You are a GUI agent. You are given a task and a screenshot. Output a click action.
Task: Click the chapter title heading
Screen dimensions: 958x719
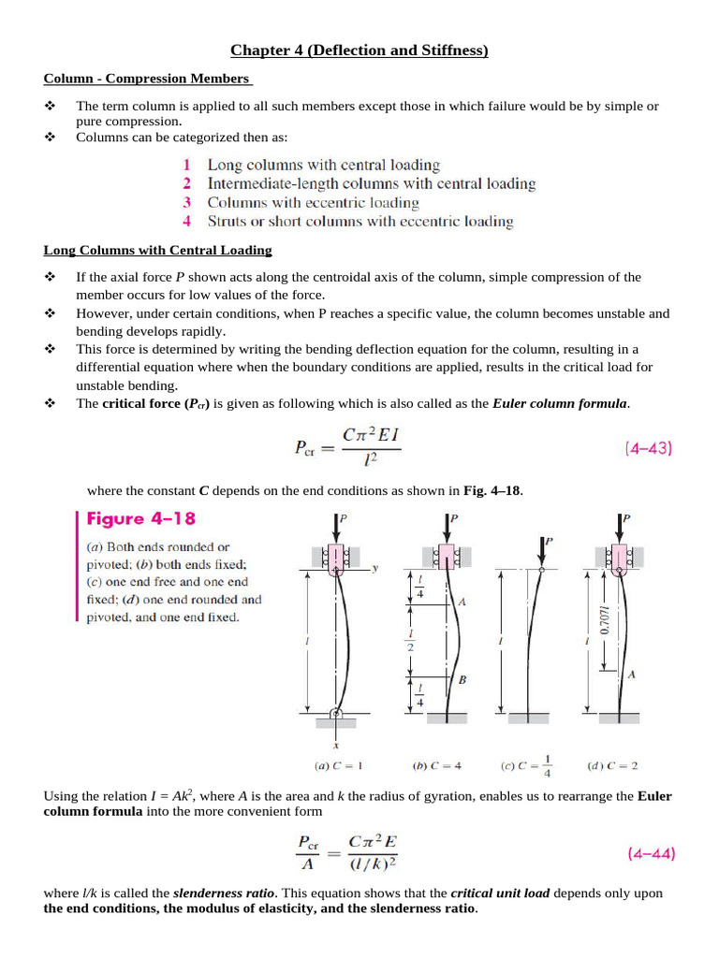(x=359, y=51)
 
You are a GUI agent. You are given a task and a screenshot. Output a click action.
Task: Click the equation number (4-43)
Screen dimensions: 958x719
(x=648, y=448)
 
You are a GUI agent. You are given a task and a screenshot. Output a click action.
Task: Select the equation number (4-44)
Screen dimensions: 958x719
(x=648, y=853)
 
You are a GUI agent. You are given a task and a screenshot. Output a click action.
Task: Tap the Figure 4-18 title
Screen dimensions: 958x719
(x=141, y=518)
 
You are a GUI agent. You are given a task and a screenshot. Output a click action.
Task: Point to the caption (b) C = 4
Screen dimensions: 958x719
(x=437, y=766)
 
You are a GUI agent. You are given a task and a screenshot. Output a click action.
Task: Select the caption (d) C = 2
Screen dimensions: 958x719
(x=612, y=766)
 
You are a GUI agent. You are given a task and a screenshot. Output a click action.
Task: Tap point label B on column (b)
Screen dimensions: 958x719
(x=462, y=680)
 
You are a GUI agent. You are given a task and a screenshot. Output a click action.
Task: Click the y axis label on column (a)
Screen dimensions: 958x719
(x=374, y=568)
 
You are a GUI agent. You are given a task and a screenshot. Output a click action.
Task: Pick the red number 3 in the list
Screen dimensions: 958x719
(x=187, y=202)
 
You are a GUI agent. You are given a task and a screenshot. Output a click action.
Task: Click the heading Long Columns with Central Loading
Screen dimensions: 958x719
(x=157, y=250)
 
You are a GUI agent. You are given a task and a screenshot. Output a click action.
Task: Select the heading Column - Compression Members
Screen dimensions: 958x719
(x=148, y=79)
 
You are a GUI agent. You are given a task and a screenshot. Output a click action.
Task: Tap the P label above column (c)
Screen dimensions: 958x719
(x=549, y=541)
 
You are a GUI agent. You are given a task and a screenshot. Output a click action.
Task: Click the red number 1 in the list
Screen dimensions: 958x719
(x=187, y=165)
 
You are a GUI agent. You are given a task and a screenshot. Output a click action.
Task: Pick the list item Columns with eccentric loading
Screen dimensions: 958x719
(x=313, y=202)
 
